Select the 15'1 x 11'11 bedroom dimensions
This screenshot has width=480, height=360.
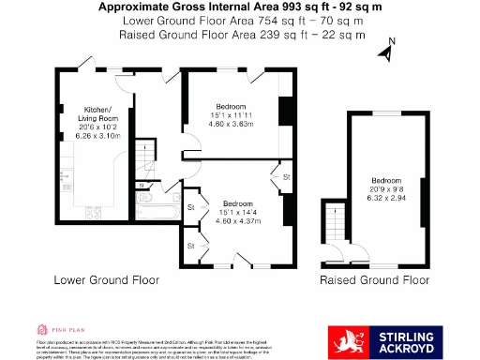point(231,119)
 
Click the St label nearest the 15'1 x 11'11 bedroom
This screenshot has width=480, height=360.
point(287,175)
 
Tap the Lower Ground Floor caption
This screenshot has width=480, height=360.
point(106,280)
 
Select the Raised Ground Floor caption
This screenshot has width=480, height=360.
point(375,280)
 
